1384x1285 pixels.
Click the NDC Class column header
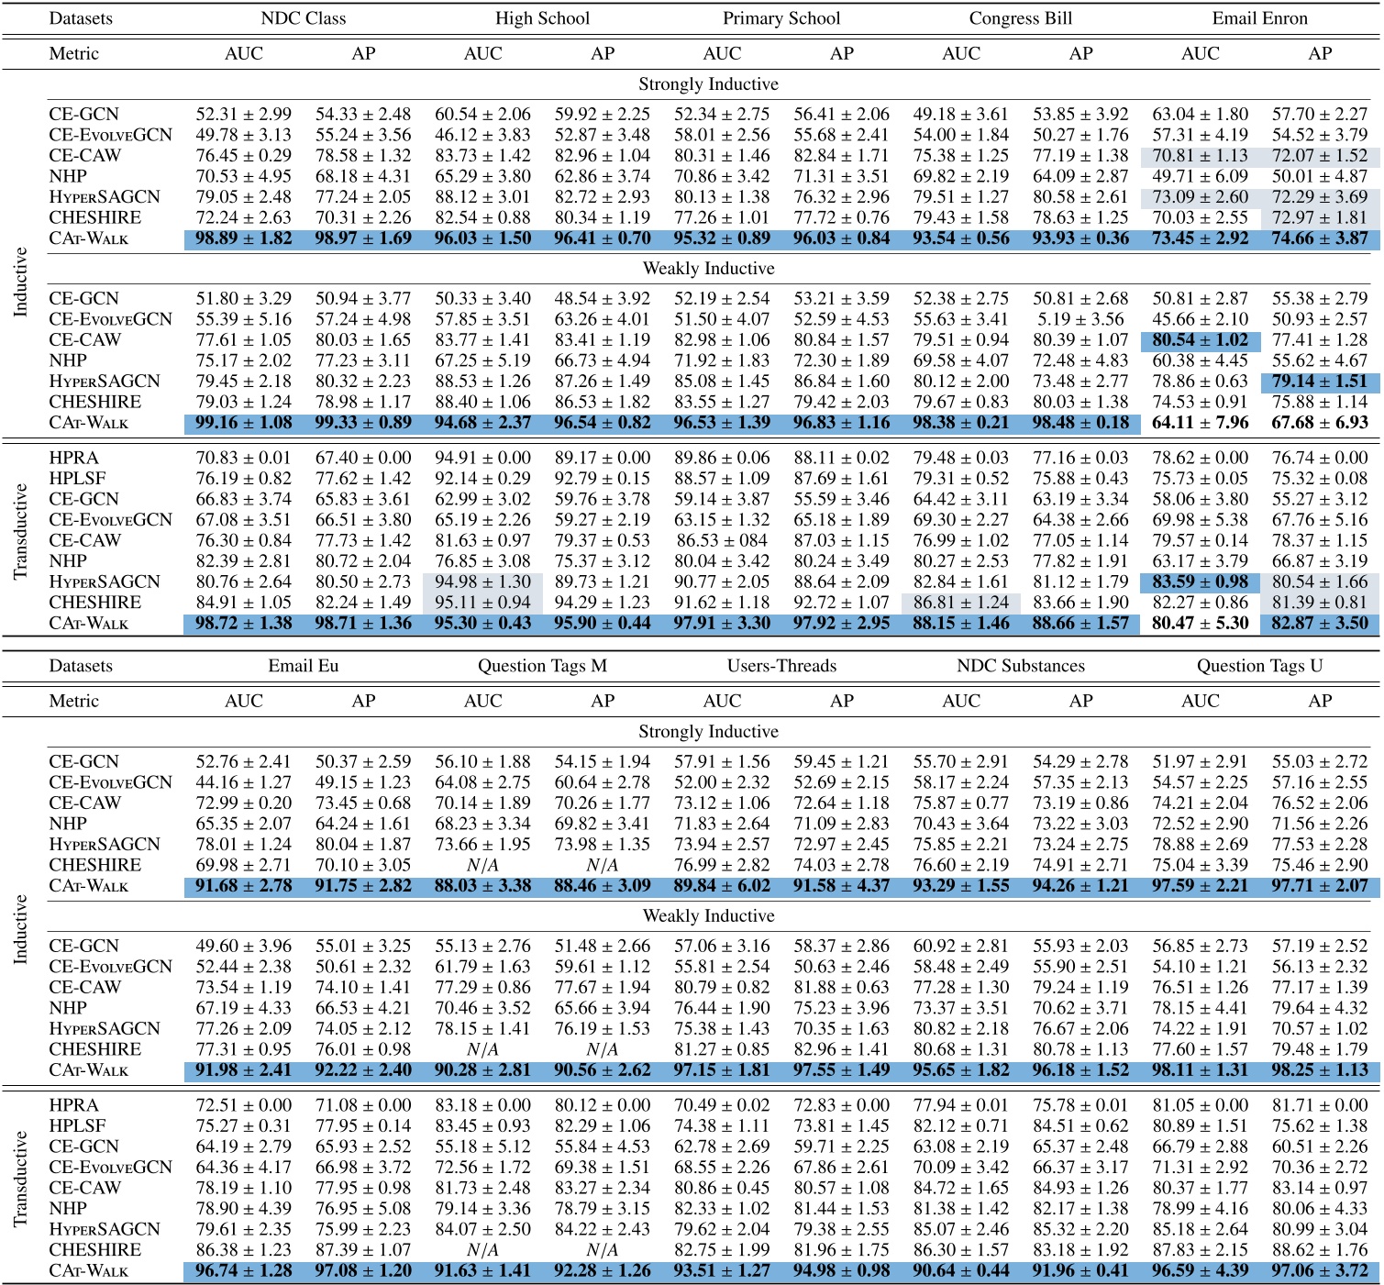point(304,18)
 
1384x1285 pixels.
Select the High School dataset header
point(542,18)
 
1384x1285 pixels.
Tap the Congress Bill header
point(1021,18)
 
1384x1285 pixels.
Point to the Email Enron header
point(1259,18)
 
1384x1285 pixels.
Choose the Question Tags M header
point(542,666)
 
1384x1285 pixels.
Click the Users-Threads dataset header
point(781,666)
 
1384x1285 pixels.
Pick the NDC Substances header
point(1021,666)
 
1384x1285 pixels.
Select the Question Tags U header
point(1259,666)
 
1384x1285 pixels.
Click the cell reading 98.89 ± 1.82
point(244,238)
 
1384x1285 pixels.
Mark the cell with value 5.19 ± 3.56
point(1080,319)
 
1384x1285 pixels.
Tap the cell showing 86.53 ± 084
point(722,540)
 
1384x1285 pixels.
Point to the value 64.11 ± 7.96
point(1200,423)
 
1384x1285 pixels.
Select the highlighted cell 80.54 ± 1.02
point(1200,340)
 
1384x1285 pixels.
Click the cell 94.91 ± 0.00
point(482,458)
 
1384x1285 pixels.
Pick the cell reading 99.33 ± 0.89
point(363,423)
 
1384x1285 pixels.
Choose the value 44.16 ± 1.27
point(244,782)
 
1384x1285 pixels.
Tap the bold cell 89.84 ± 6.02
point(722,886)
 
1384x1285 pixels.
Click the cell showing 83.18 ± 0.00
point(482,1105)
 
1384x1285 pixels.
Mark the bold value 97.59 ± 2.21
point(1200,886)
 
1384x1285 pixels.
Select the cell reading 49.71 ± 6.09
point(1200,176)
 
